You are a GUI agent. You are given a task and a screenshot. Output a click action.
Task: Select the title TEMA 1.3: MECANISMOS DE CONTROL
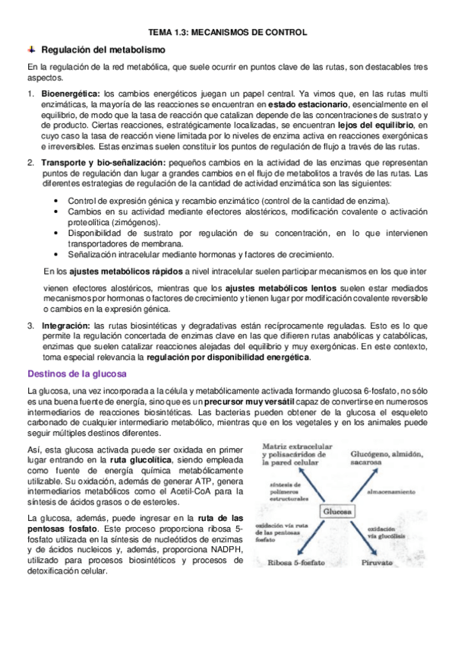point(226,33)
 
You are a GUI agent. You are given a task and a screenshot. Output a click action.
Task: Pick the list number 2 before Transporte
point(30,163)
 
